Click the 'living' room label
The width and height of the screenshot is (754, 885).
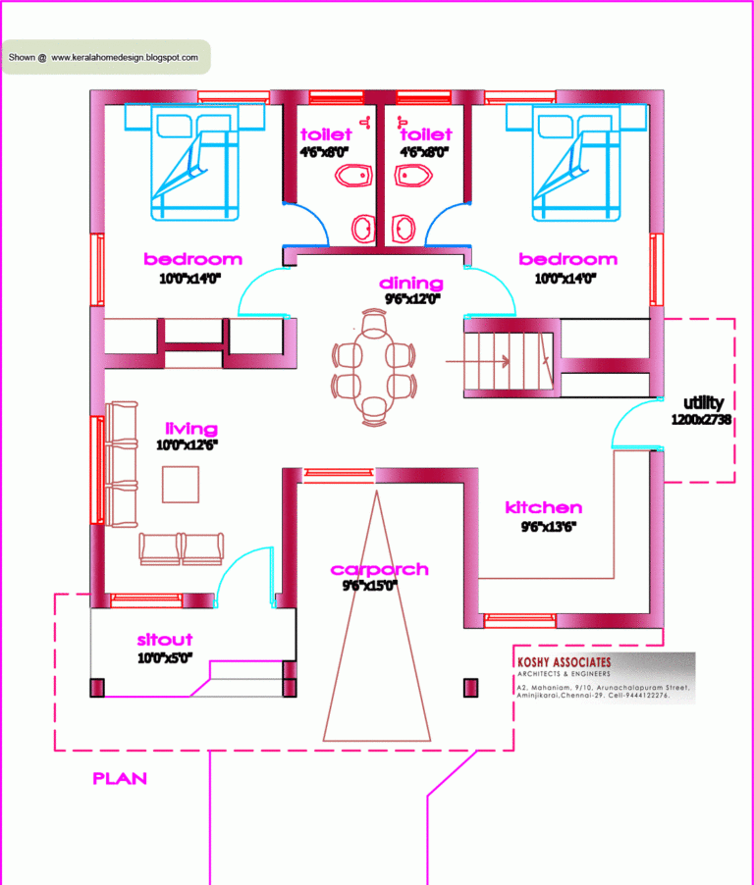point(191,429)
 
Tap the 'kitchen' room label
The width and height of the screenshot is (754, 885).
point(543,507)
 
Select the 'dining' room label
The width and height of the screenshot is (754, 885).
point(410,284)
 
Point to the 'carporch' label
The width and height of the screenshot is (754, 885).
point(379,569)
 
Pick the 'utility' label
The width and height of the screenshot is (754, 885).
point(703,402)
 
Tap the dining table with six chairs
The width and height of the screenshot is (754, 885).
point(374,368)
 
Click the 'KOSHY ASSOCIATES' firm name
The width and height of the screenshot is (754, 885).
point(564,662)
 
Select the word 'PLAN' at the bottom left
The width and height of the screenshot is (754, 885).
point(120,778)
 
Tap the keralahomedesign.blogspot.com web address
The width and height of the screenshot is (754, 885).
point(125,58)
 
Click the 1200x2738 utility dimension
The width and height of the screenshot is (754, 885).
point(702,419)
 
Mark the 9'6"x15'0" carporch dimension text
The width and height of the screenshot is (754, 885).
point(369,586)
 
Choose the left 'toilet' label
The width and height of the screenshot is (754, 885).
point(326,133)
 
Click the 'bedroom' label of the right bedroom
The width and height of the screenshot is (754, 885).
point(567,259)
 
